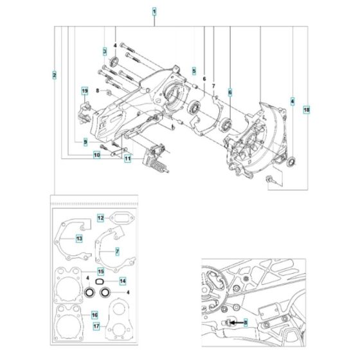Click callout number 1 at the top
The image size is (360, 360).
click(x=154, y=11)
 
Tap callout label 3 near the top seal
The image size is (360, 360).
click(x=104, y=50)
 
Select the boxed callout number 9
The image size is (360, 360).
click(x=84, y=141)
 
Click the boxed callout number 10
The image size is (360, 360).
click(x=96, y=155)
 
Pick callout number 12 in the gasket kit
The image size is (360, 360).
click(x=101, y=219)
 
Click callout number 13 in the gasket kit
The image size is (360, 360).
click(x=79, y=239)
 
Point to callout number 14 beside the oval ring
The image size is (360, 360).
click(x=122, y=282)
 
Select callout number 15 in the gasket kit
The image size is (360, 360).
click(x=101, y=272)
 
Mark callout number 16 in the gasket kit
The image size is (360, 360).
click(x=94, y=314)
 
